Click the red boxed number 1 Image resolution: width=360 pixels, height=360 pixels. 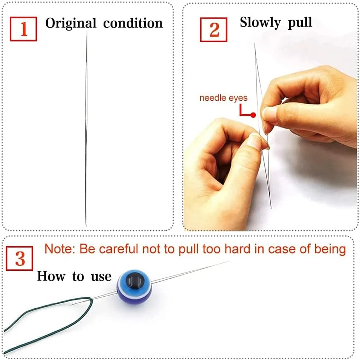pyautogui.click(x=23, y=29)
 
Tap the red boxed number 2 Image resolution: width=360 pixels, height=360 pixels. pyautogui.click(x=214, y=30)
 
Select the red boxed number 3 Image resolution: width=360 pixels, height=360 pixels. pyautogui.click(x=20, y=258)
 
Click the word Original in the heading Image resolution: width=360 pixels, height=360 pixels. pyautogui.click(x=71, y=24)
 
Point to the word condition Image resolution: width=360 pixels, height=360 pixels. pyautogui.click(x=133, y=23)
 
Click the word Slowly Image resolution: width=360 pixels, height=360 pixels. pyautogui.click(x=260, y=23)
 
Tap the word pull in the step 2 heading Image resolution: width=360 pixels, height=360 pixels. pyautogui.click(x=300, y=23)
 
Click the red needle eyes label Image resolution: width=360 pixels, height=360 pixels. pyautogui.click(x=223, y=98)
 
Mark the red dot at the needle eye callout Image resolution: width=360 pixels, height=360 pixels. pyautogui.click(x=253, y=115)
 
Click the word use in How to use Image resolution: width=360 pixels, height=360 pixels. pyautogui.click(x=101, y=277)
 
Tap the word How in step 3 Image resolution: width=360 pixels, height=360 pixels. pyautogui.click(x=51, y=276)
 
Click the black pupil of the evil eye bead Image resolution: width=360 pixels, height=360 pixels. pyautogui.click(x=135, y=280)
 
